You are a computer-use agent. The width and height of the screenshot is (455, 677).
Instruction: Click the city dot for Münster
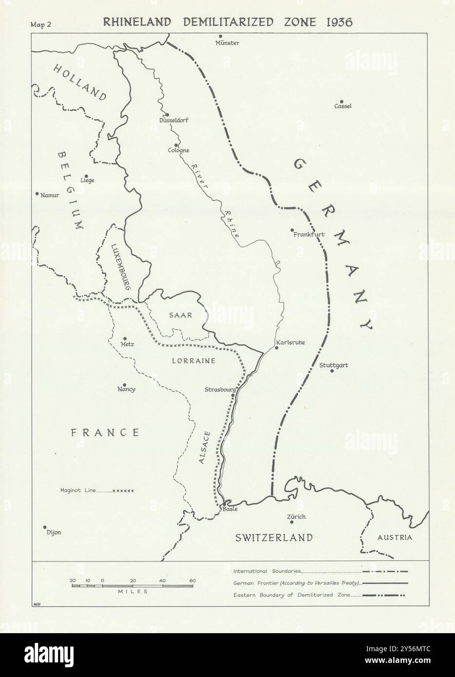click(221, 36)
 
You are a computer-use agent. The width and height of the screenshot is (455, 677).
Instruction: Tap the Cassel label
click(342, 106)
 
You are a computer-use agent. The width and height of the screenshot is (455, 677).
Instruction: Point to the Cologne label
click(178, 150)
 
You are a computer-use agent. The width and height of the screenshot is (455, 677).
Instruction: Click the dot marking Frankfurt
click(292, 230)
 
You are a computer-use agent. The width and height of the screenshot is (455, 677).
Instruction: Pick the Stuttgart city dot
click(332, 371)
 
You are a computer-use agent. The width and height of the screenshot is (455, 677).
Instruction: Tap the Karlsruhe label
click(290, 342)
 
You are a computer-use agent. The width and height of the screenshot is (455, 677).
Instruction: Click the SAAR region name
click(181, 315)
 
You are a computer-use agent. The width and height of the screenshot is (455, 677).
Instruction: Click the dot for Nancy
click(125, 384)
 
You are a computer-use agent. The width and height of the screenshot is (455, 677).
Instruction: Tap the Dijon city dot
click(45, 527)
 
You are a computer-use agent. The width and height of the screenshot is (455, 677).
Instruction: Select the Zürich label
click(297, 517)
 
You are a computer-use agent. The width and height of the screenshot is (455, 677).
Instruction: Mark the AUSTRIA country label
click(395, 538)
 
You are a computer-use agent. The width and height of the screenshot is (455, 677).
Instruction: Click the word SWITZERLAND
click(273, 538)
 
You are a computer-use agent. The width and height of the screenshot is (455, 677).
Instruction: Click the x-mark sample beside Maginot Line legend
click(123, 490)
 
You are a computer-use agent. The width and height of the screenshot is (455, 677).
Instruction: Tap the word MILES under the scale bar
click(132, 591)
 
